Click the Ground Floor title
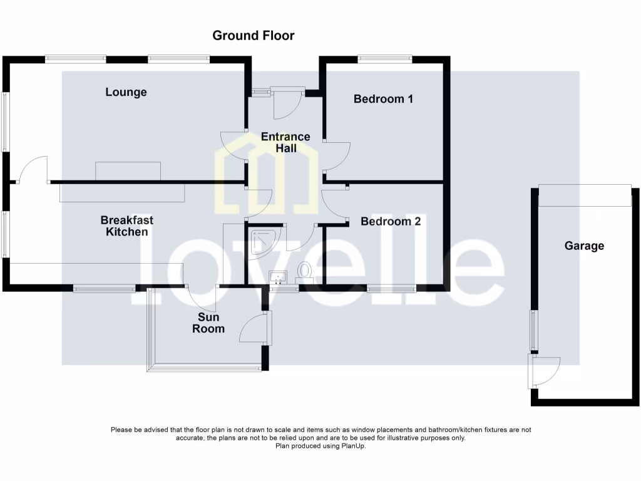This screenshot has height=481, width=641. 253,35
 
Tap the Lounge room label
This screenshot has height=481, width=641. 126,92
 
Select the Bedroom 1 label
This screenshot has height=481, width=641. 383,98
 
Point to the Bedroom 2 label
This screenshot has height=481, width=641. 391,221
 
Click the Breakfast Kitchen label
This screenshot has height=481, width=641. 126,226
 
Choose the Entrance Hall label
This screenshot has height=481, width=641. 285,142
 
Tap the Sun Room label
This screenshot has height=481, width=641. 208,323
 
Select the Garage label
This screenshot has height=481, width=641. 584,246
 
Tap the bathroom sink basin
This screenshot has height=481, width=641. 277,277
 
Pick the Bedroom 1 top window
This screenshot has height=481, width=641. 384,59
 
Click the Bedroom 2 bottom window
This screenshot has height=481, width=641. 391,289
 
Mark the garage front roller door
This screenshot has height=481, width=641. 585,195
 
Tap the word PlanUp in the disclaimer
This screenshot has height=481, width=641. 352,446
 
